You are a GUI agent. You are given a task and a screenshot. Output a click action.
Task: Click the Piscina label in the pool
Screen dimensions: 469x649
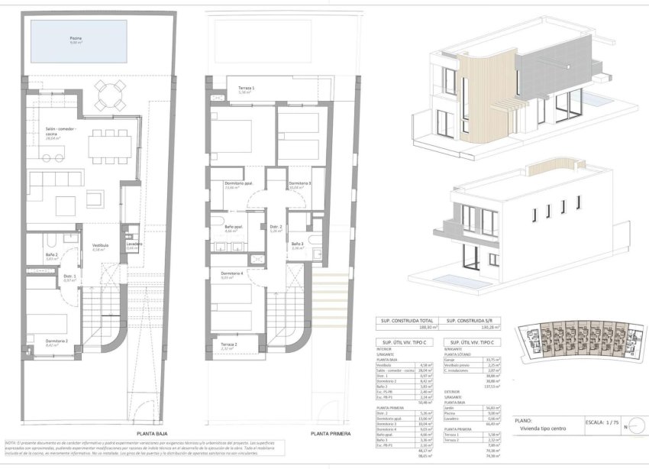[75, 39]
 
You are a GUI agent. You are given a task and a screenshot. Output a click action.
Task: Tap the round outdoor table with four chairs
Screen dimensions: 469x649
[108, 95]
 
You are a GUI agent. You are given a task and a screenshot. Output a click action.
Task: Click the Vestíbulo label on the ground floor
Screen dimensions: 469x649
[99, 247]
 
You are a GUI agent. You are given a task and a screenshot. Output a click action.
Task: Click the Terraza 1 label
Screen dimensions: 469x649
[245, 89]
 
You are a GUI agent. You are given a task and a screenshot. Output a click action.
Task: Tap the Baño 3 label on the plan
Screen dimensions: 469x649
[298, 245]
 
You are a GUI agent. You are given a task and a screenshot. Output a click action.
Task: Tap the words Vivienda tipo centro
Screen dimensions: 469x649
[544, 429]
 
